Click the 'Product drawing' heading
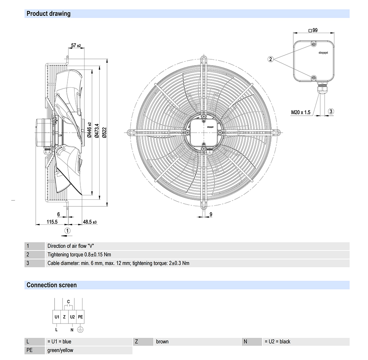point(48,14)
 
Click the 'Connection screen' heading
point(52,285)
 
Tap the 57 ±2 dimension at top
point(76,45)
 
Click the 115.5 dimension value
point(52,222)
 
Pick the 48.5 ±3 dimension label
point(89,222)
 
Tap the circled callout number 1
point(67,230)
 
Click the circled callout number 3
point(331,111)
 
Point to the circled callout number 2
point(270,59)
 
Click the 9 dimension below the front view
point(211,214)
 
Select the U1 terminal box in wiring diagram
point(57,317)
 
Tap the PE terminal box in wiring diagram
point(81,317)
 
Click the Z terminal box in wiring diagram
point(64,317)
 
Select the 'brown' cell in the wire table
point(162,342)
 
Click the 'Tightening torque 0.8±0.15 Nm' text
point(79,254)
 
